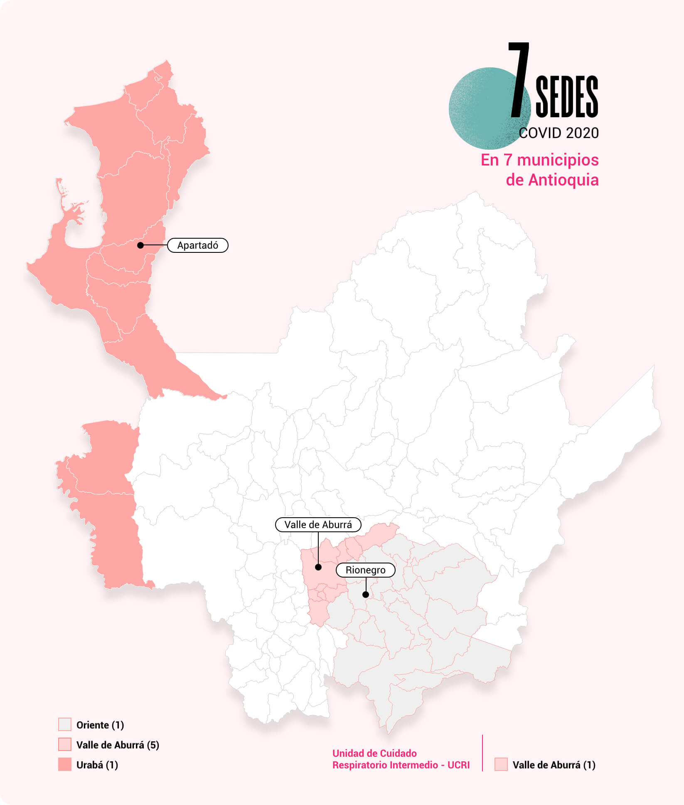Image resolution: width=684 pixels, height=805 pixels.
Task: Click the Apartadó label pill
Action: tap(198, 245)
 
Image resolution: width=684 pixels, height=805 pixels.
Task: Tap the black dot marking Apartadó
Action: tap(140, 245)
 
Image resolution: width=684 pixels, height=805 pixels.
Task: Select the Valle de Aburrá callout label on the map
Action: tap(318, 525)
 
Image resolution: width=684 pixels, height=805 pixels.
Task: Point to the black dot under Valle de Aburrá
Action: tap(318, 567)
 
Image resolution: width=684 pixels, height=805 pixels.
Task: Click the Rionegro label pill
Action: tap(365, 570)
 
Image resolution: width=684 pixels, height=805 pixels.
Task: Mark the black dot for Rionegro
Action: tap(366, 595)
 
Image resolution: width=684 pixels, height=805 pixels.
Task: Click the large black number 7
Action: tap(519, 79)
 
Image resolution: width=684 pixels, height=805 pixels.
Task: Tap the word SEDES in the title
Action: tap(567, 97)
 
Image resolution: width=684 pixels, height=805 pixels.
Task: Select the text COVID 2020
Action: tap(559, 133)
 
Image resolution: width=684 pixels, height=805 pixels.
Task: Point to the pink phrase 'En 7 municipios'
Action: tap(539, 160)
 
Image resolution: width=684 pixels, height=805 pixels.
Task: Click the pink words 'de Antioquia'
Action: tap(552, 180)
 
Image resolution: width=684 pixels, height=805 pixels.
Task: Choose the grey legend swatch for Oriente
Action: tap(65, 725)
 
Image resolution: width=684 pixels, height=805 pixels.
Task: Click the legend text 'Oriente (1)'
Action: tap(100, 725)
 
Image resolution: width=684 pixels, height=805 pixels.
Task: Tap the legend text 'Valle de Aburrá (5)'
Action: tap(118, 745)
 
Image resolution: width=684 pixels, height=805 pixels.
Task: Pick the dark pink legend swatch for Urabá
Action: tap(65, 765)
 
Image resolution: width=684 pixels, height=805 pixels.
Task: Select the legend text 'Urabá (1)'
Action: tap(97, 765)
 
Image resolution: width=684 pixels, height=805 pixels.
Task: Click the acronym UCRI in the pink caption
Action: tap(458, 765)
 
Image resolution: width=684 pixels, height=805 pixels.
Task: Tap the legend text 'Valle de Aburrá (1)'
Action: tap(554, 765)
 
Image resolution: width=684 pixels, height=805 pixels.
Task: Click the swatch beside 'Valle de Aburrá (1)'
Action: tap(501, 765)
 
